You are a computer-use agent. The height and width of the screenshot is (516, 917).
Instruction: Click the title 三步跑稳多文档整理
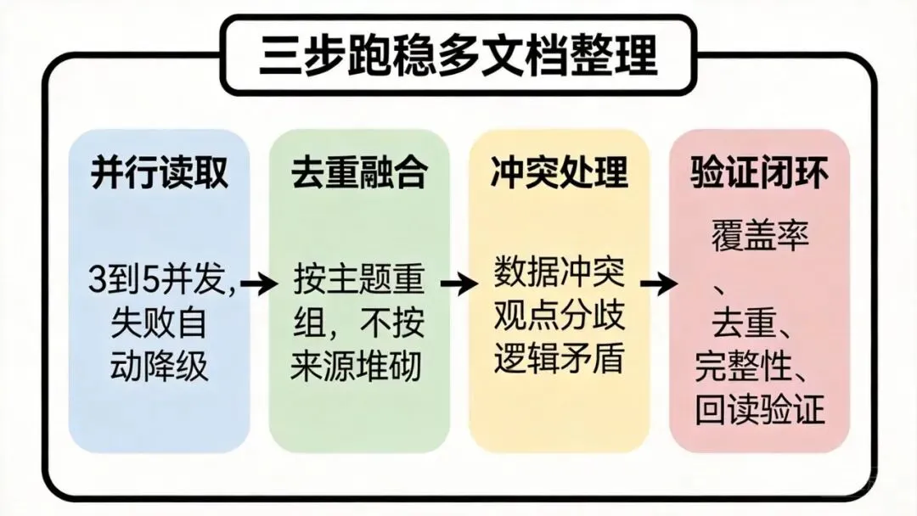point(458,56)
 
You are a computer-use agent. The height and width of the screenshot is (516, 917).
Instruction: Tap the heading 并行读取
point(160,174)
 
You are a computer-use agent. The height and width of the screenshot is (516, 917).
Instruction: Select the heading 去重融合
point(359,174)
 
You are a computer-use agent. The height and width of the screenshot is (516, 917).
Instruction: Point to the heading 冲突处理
point(559,174)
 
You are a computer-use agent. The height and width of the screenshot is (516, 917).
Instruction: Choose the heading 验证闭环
point(759,174)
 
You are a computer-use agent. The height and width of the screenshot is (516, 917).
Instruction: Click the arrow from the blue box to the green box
point(258,284)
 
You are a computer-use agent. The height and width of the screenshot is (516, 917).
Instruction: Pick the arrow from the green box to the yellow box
point(458,284)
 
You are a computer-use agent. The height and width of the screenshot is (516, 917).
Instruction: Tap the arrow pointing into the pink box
point(659,284)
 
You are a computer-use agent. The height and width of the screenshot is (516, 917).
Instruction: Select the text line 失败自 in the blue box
point(160,325)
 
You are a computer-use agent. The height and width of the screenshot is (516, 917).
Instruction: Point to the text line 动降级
point(160,367)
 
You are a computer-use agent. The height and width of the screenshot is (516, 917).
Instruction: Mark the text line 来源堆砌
point(359,367)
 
